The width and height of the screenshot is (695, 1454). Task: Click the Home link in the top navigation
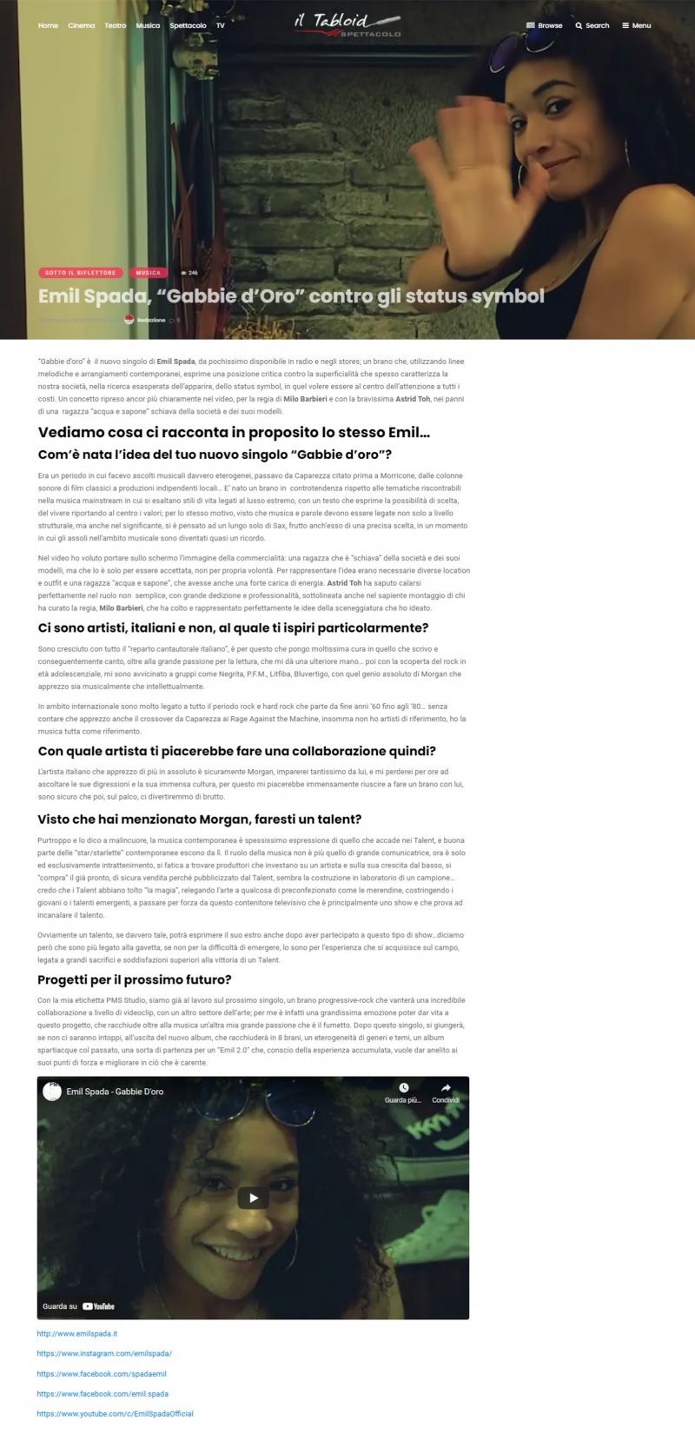48,25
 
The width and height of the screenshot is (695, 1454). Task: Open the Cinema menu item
81,25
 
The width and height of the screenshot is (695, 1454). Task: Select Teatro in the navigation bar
116,25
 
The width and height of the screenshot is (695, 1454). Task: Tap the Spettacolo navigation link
188,25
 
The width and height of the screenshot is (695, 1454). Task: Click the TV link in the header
221,25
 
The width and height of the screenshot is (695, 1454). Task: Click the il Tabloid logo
347,24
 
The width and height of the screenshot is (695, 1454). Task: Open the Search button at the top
592,25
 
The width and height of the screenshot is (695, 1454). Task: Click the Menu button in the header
637,25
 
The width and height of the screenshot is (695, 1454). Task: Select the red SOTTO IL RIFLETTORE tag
80,273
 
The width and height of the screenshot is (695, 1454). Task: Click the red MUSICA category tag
148,273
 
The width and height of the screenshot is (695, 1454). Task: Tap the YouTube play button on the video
253,1198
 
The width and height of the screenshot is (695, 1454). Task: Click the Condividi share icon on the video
446,1088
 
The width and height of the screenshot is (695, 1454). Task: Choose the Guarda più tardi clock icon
403,1088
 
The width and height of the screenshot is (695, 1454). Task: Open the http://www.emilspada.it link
76,1333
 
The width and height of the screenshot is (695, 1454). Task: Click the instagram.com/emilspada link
104,1353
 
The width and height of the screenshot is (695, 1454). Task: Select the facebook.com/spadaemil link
102,1373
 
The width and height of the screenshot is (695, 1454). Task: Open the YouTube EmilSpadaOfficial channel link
115,1414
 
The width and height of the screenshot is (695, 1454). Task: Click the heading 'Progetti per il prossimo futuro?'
135,979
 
